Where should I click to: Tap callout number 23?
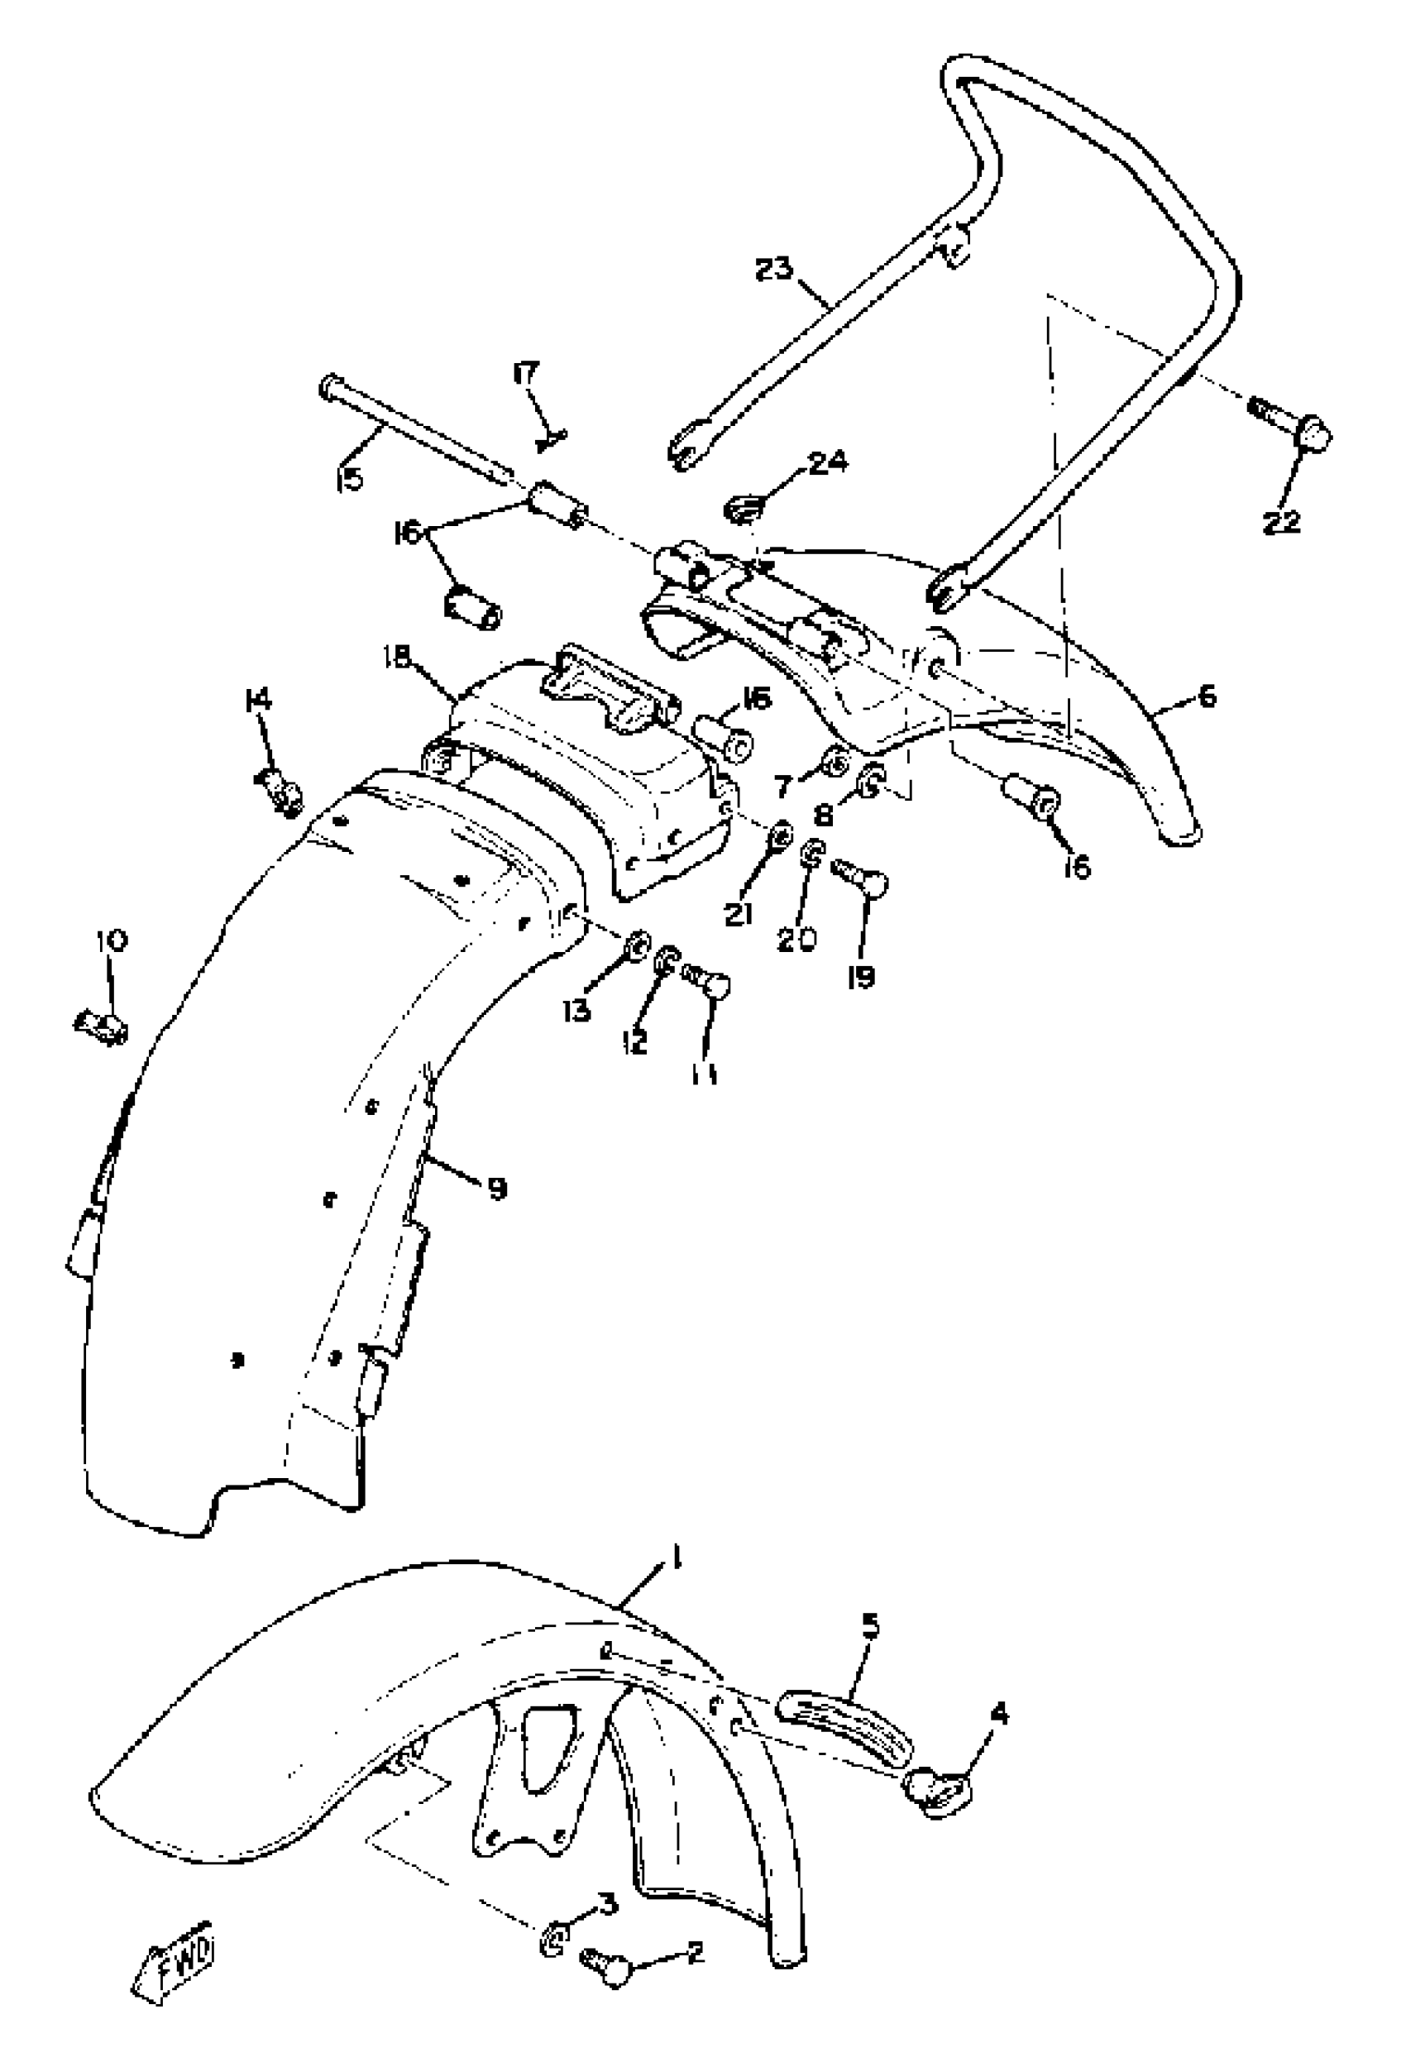(773, 268)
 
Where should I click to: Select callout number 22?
(1281, 521)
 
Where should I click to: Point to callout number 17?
(525, 373)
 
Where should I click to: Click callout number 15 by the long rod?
(351, 481)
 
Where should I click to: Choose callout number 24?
(827, 462)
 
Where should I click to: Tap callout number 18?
(397, 658)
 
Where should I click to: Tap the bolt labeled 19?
(861, 883)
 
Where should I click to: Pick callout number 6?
(1206, 696)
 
